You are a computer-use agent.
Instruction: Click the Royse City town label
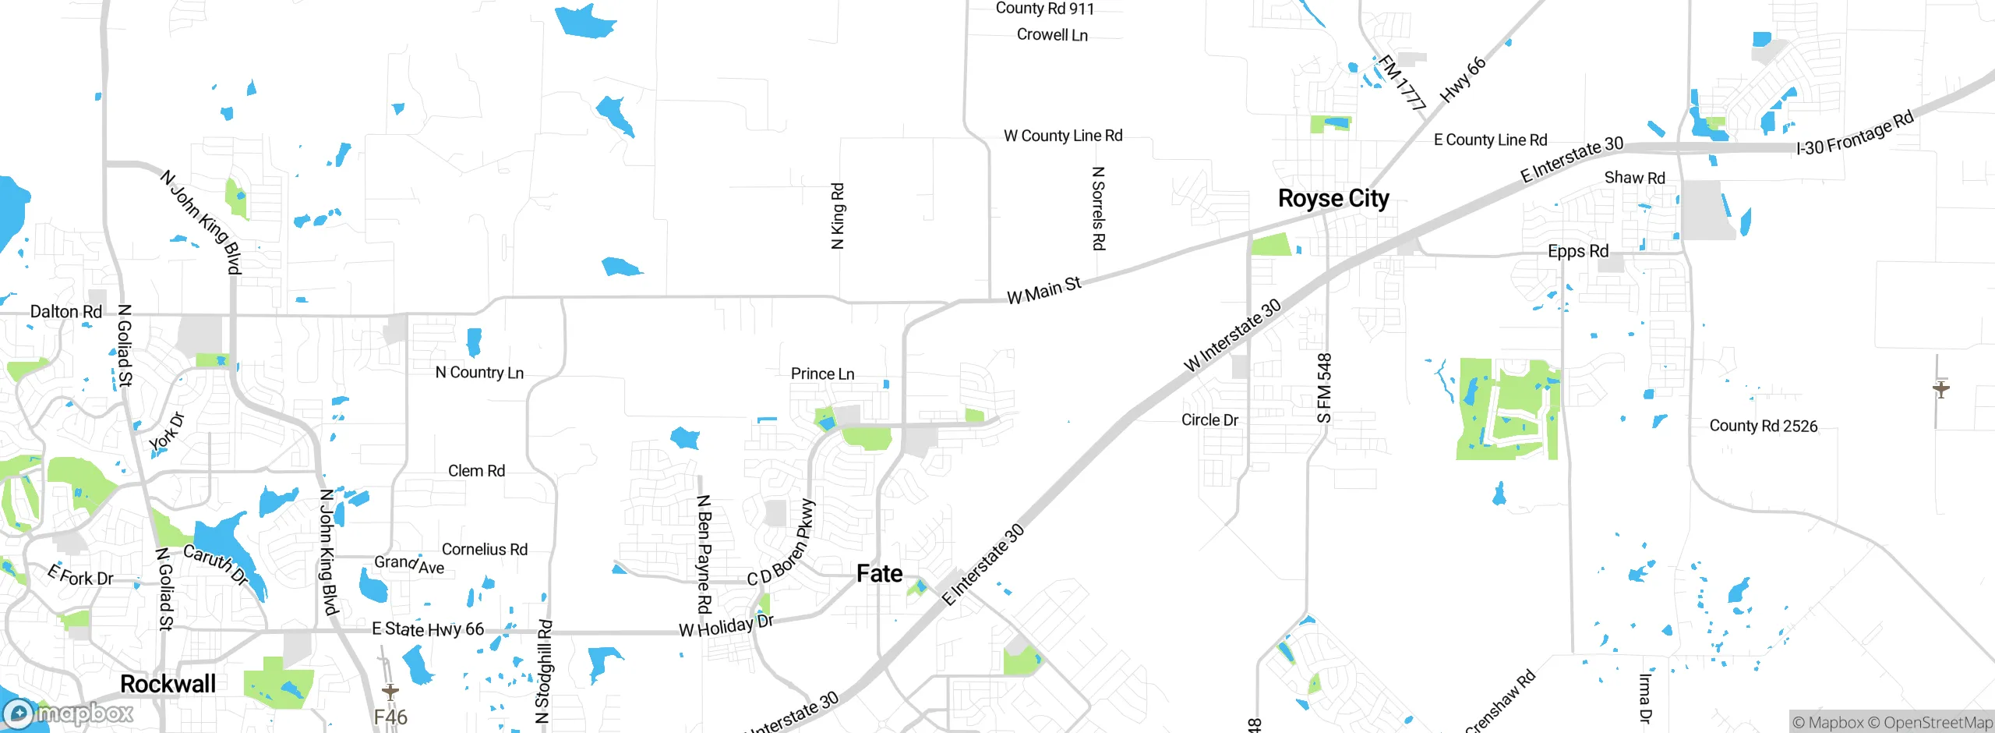click(x=1333, y=199)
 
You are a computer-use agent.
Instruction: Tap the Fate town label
click(x=879, y=574)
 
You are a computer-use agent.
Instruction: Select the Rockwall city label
click(x=168, y=684)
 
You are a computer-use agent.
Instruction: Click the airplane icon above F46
click(x=390, y=691)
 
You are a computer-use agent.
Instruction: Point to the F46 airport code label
click(x=390, y=717)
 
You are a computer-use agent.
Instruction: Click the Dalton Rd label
click(x=65, y=312)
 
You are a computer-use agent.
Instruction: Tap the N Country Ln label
click(x=479, y=373)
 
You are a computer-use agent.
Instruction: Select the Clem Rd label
click(x=476, y=471)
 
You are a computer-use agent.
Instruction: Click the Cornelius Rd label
click(x=485, y=550)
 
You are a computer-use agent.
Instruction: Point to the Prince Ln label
click(x=822, y=374)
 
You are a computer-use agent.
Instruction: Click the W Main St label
click(x=1043, y=290)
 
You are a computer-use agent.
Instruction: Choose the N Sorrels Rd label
click(x=1098, y=208)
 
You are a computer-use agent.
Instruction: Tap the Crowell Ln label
click(x=1052, y=35)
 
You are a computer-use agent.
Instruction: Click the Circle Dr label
click(x=1209, y=420)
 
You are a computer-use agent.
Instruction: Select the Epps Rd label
click(x=1578, y=252)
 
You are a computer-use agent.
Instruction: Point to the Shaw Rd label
click(x=1634, y=178)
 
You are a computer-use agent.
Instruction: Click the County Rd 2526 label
click(x=1763, y=427)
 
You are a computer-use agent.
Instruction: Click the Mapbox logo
click(x=69, y=714)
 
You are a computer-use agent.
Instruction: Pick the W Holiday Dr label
click(x=726, y=625)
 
